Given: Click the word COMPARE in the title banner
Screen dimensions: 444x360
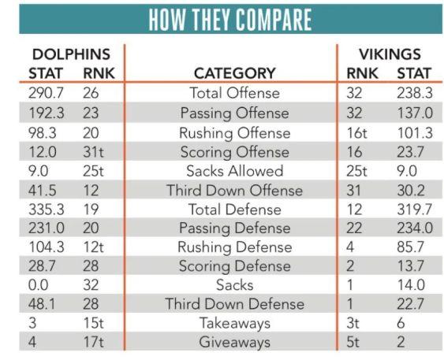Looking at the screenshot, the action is tap(274, 20).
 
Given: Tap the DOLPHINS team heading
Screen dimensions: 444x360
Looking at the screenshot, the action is tap(71, 54).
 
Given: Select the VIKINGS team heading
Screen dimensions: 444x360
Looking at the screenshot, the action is tap(390, 54).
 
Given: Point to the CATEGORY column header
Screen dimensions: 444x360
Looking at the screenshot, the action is tap(235, 73).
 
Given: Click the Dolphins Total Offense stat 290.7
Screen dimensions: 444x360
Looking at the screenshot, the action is tap(47, 93).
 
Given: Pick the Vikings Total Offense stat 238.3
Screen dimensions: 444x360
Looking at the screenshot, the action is tap(415, 93).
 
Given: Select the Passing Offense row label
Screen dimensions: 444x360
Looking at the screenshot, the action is tap(235, 113).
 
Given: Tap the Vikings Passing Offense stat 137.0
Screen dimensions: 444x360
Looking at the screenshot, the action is tap(415, 113).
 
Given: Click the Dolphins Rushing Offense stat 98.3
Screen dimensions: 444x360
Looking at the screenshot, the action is tap(43, 133).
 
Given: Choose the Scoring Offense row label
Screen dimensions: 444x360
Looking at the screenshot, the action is tap(235, 152).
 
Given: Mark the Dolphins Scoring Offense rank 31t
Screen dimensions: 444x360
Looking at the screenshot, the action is tap(93, 152).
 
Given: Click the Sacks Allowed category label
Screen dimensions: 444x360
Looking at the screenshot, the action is tap(235, 171).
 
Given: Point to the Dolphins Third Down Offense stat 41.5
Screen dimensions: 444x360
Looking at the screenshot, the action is tap(43, 190).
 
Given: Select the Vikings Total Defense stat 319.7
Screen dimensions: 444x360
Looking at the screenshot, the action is tap(415, 210).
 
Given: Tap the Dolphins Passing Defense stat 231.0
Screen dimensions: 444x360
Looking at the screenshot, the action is tap(47, 228).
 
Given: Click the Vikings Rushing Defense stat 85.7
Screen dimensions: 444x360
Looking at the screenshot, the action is tap(411, 247).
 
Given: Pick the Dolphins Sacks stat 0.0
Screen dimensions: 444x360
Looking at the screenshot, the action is tap(38, 285).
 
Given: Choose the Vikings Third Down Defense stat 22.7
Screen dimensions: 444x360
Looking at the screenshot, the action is tap(411, 304).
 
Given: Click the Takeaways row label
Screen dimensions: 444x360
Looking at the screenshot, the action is tap(235, 324).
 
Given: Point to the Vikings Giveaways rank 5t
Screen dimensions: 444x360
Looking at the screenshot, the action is tap(353, 342).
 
